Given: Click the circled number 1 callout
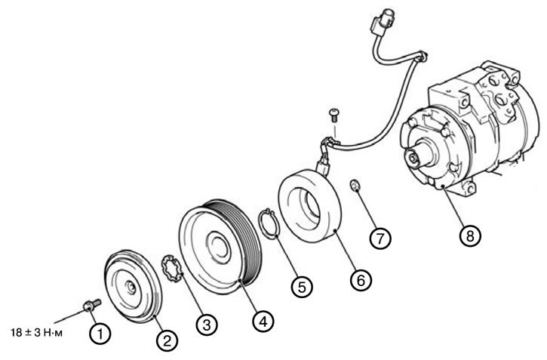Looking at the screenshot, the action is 100,334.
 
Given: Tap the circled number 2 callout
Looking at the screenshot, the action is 167,340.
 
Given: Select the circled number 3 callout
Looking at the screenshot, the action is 207,325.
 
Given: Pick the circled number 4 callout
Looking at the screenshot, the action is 263,321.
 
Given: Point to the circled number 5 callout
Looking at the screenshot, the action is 302,287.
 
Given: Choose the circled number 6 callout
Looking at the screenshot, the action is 361,279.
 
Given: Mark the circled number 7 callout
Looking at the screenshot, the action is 380,238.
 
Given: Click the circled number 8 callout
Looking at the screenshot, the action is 470,235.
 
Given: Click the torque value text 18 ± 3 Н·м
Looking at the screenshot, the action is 37,333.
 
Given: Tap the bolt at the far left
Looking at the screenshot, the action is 92,304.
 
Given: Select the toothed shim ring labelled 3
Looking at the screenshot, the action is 171,268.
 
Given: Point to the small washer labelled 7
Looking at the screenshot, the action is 355,186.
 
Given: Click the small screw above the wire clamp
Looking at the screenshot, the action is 333,115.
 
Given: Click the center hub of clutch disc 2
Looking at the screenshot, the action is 131,288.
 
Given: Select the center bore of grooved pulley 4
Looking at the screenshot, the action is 219,247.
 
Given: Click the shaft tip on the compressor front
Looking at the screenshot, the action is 414,158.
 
